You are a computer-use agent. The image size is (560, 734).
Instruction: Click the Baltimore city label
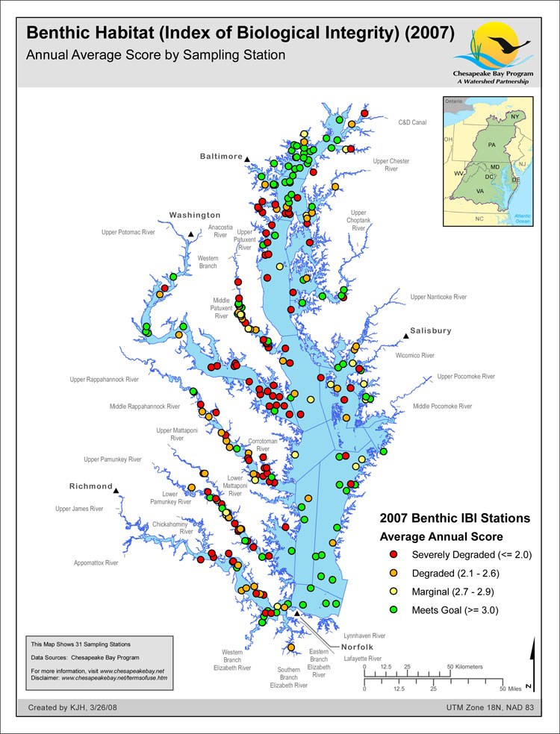click(221, 157)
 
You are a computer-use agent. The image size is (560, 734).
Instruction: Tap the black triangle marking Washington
click(191, 235)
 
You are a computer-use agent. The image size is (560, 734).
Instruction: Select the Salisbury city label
click(431, 330)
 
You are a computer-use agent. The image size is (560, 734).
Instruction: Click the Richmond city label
click(90, 486)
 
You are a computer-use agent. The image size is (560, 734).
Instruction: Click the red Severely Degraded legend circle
click(393, 555)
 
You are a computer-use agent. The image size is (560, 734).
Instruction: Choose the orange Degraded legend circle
click(393, 573)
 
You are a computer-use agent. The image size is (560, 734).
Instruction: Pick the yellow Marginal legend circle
click(393, 592)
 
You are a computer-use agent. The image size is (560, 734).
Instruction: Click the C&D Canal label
click(412, 122)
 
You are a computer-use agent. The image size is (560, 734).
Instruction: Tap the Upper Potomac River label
click(128, 232)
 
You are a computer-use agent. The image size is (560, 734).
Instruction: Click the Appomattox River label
click(96, 563)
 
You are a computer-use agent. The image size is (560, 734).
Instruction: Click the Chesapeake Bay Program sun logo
click(492, 47)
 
